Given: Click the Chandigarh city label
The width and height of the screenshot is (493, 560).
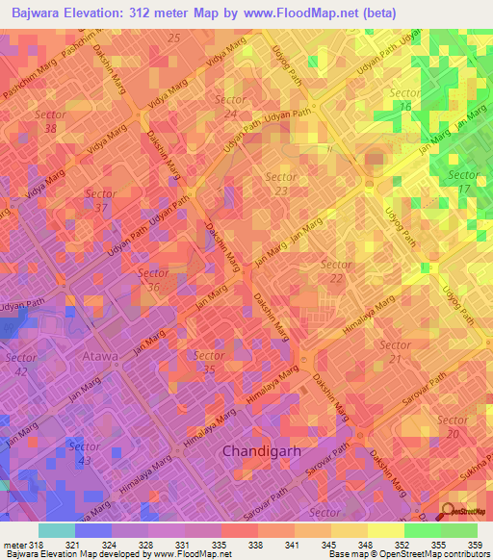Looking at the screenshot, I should [263, 450].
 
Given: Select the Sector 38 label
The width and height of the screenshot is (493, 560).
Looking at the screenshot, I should [49, 121].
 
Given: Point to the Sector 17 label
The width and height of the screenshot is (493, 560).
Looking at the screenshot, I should [463, 183].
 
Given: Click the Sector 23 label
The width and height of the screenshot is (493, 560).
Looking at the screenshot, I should [280, 184].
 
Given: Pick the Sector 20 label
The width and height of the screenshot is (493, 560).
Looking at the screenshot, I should [452, 427].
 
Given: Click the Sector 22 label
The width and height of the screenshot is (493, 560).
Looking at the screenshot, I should [335, 271].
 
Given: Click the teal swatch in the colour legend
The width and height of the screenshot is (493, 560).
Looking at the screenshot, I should [56, 530].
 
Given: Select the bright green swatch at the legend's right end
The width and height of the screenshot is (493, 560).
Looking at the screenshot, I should [459, 530].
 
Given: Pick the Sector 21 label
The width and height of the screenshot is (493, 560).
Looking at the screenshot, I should [396, 351].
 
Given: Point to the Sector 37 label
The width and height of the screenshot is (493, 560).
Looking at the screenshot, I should [100, 200].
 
